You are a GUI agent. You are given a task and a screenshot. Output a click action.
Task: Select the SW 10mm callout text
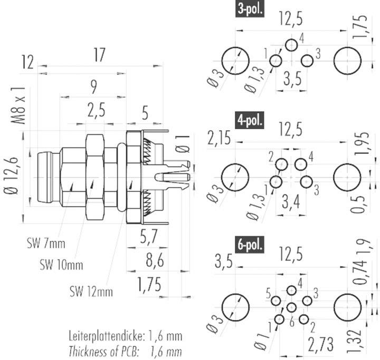[61, 264]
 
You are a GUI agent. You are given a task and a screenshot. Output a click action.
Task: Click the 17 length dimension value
[99, 55]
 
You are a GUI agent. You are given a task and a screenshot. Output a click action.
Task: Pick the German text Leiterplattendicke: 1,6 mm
[126, 336]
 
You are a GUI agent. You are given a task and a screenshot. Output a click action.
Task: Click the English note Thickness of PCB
[126, 349]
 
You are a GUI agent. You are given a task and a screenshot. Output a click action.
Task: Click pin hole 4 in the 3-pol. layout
[291, 45]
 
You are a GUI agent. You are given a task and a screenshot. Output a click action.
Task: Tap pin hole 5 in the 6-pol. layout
[276, 301]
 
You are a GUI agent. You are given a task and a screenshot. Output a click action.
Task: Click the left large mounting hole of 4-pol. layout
[234, 177]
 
